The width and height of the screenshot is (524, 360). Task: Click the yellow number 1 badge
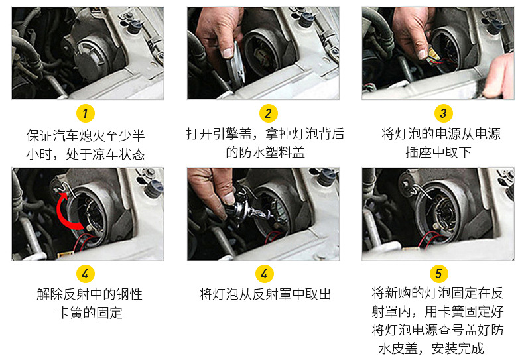click(85, 113)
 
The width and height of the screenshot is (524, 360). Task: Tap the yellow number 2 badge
click(269, 113)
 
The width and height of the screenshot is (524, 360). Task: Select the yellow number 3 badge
click(444, 113)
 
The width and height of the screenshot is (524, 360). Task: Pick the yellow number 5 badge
click(439, 274)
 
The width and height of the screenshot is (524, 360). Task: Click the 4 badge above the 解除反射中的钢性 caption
click(85, 274)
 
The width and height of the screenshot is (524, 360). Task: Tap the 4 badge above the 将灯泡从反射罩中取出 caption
click(265, 274)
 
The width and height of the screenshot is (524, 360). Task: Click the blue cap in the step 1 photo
click(135, 26)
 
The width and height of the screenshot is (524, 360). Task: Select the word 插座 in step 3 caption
click(419, 152)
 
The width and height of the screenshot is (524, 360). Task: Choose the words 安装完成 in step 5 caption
click(458, 349)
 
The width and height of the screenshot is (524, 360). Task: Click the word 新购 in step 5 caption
click(398, 293)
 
